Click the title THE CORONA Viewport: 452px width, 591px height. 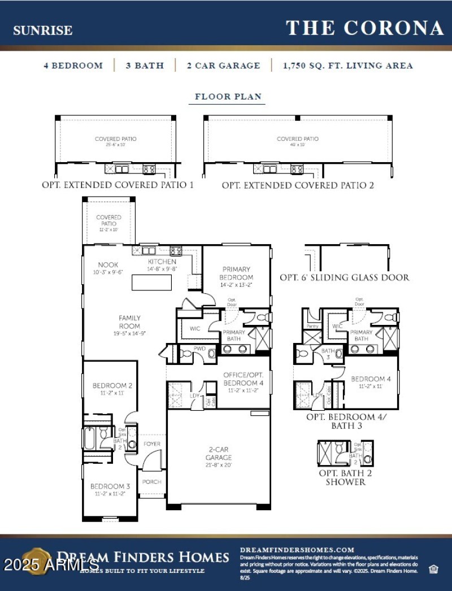pos(364,28)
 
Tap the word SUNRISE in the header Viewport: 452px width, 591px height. pos(43,31)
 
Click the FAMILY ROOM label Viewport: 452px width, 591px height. pos(129,321)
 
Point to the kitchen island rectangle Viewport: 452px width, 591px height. pos(151,282)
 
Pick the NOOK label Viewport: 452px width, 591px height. pos(107,264)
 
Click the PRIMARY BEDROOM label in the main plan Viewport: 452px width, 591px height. pos(237,273)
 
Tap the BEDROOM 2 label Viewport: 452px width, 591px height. pos(112,386)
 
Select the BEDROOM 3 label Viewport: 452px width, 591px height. pos(110,486)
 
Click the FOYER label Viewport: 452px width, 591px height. pos(151,444)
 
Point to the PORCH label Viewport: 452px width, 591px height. pos(151,482)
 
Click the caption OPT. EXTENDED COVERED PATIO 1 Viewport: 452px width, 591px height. pos(118,185)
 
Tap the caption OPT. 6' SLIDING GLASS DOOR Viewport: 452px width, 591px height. pos(345,277)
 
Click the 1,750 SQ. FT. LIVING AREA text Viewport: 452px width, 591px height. pos(347,66)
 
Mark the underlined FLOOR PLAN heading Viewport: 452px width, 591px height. pos(228,97)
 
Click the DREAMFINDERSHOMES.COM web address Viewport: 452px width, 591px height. pos(297,549)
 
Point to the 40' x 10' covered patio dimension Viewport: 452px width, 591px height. pos(297,145)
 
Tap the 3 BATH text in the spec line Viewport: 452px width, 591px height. pos(145,66)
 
